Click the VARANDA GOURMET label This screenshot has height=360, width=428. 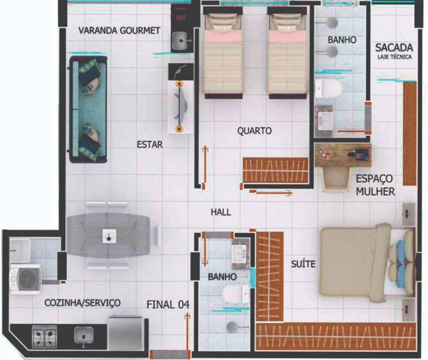point(119,31)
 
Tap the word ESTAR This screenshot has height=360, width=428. point(150,145)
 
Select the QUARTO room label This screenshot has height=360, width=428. point(254,131)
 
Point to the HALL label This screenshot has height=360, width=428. point(221,212)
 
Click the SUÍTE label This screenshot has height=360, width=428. point(303,264)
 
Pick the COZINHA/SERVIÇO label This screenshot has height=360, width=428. point(82,303)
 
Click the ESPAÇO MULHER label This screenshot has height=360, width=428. point(375,185)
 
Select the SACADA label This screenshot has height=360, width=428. point(394,48)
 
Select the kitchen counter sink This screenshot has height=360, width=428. point(84,336)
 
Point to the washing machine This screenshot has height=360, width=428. point(26,279)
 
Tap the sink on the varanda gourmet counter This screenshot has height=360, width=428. point(180,40)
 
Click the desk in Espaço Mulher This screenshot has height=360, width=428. point(343,155)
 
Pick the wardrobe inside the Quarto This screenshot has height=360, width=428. point(276,170)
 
